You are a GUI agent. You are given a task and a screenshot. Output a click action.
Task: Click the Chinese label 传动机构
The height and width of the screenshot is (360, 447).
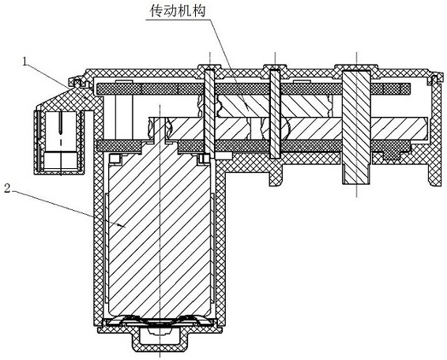[x=178, y=11]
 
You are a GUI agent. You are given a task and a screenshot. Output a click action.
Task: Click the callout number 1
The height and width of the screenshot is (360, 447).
[x=25, y=62]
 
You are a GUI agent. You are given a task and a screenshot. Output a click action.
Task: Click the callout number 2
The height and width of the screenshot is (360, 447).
[x=7, y=189]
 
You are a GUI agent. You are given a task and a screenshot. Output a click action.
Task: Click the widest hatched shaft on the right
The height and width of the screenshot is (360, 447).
[x=356, y=127]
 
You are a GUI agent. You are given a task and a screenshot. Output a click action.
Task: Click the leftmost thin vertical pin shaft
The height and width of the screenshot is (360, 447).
[x=209, y=114]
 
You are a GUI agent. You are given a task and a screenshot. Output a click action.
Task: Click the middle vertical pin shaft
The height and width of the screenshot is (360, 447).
[x=275, y=114]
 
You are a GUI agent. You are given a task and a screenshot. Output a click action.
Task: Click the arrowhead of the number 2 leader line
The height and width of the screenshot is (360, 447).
[x=122, y=226]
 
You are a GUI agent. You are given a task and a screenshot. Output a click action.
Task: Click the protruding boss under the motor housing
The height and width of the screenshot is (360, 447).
[x=160, y=339]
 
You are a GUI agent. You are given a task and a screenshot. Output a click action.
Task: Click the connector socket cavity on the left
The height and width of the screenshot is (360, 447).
[x=61, y=141]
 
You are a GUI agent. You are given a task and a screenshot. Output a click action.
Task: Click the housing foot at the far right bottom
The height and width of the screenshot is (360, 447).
[x=436, y=172]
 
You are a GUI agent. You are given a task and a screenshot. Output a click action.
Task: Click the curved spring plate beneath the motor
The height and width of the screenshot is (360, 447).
[x=160, y=321]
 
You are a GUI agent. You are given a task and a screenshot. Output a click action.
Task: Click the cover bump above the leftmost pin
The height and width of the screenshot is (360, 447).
[x=209, y=67]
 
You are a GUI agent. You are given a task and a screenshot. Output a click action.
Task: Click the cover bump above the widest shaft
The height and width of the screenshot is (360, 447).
[x=356, y=67]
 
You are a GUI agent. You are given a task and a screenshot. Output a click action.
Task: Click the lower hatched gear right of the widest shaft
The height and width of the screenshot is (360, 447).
[x=399, y=128]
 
